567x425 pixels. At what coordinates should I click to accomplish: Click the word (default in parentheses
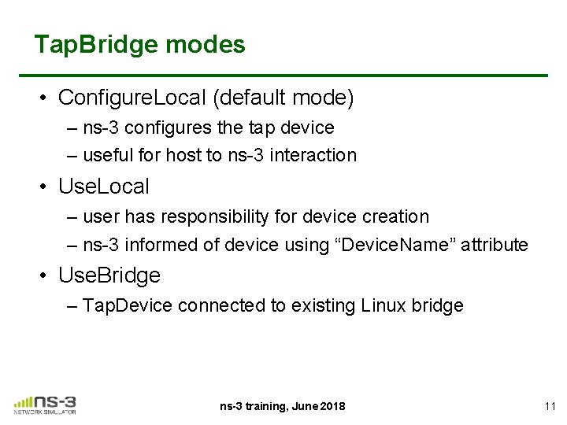(247, 98)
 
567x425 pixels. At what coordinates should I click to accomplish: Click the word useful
(106, 155)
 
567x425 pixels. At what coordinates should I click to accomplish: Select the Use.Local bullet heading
(103, 187)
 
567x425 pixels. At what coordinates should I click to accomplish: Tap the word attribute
(494, 245)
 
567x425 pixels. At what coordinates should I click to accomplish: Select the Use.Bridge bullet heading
(109, 275)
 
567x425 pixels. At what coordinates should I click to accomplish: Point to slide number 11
(550, 406)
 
